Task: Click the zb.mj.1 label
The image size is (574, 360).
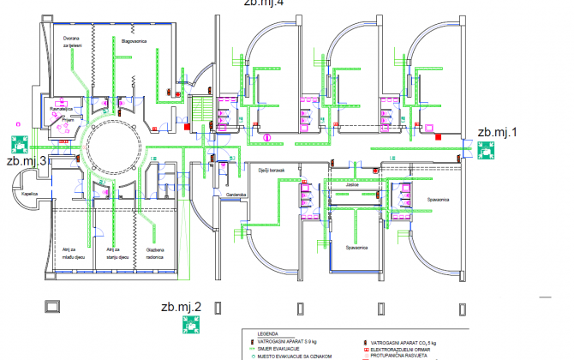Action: tap(498, 132)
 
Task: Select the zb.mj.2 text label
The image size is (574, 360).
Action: tap(181, 307)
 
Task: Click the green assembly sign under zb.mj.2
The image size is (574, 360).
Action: tap(190, 325)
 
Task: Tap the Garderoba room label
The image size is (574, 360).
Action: tap(236, 195)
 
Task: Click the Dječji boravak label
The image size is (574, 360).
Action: tap(271, 171)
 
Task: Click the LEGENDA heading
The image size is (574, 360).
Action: tap(257, 334)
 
